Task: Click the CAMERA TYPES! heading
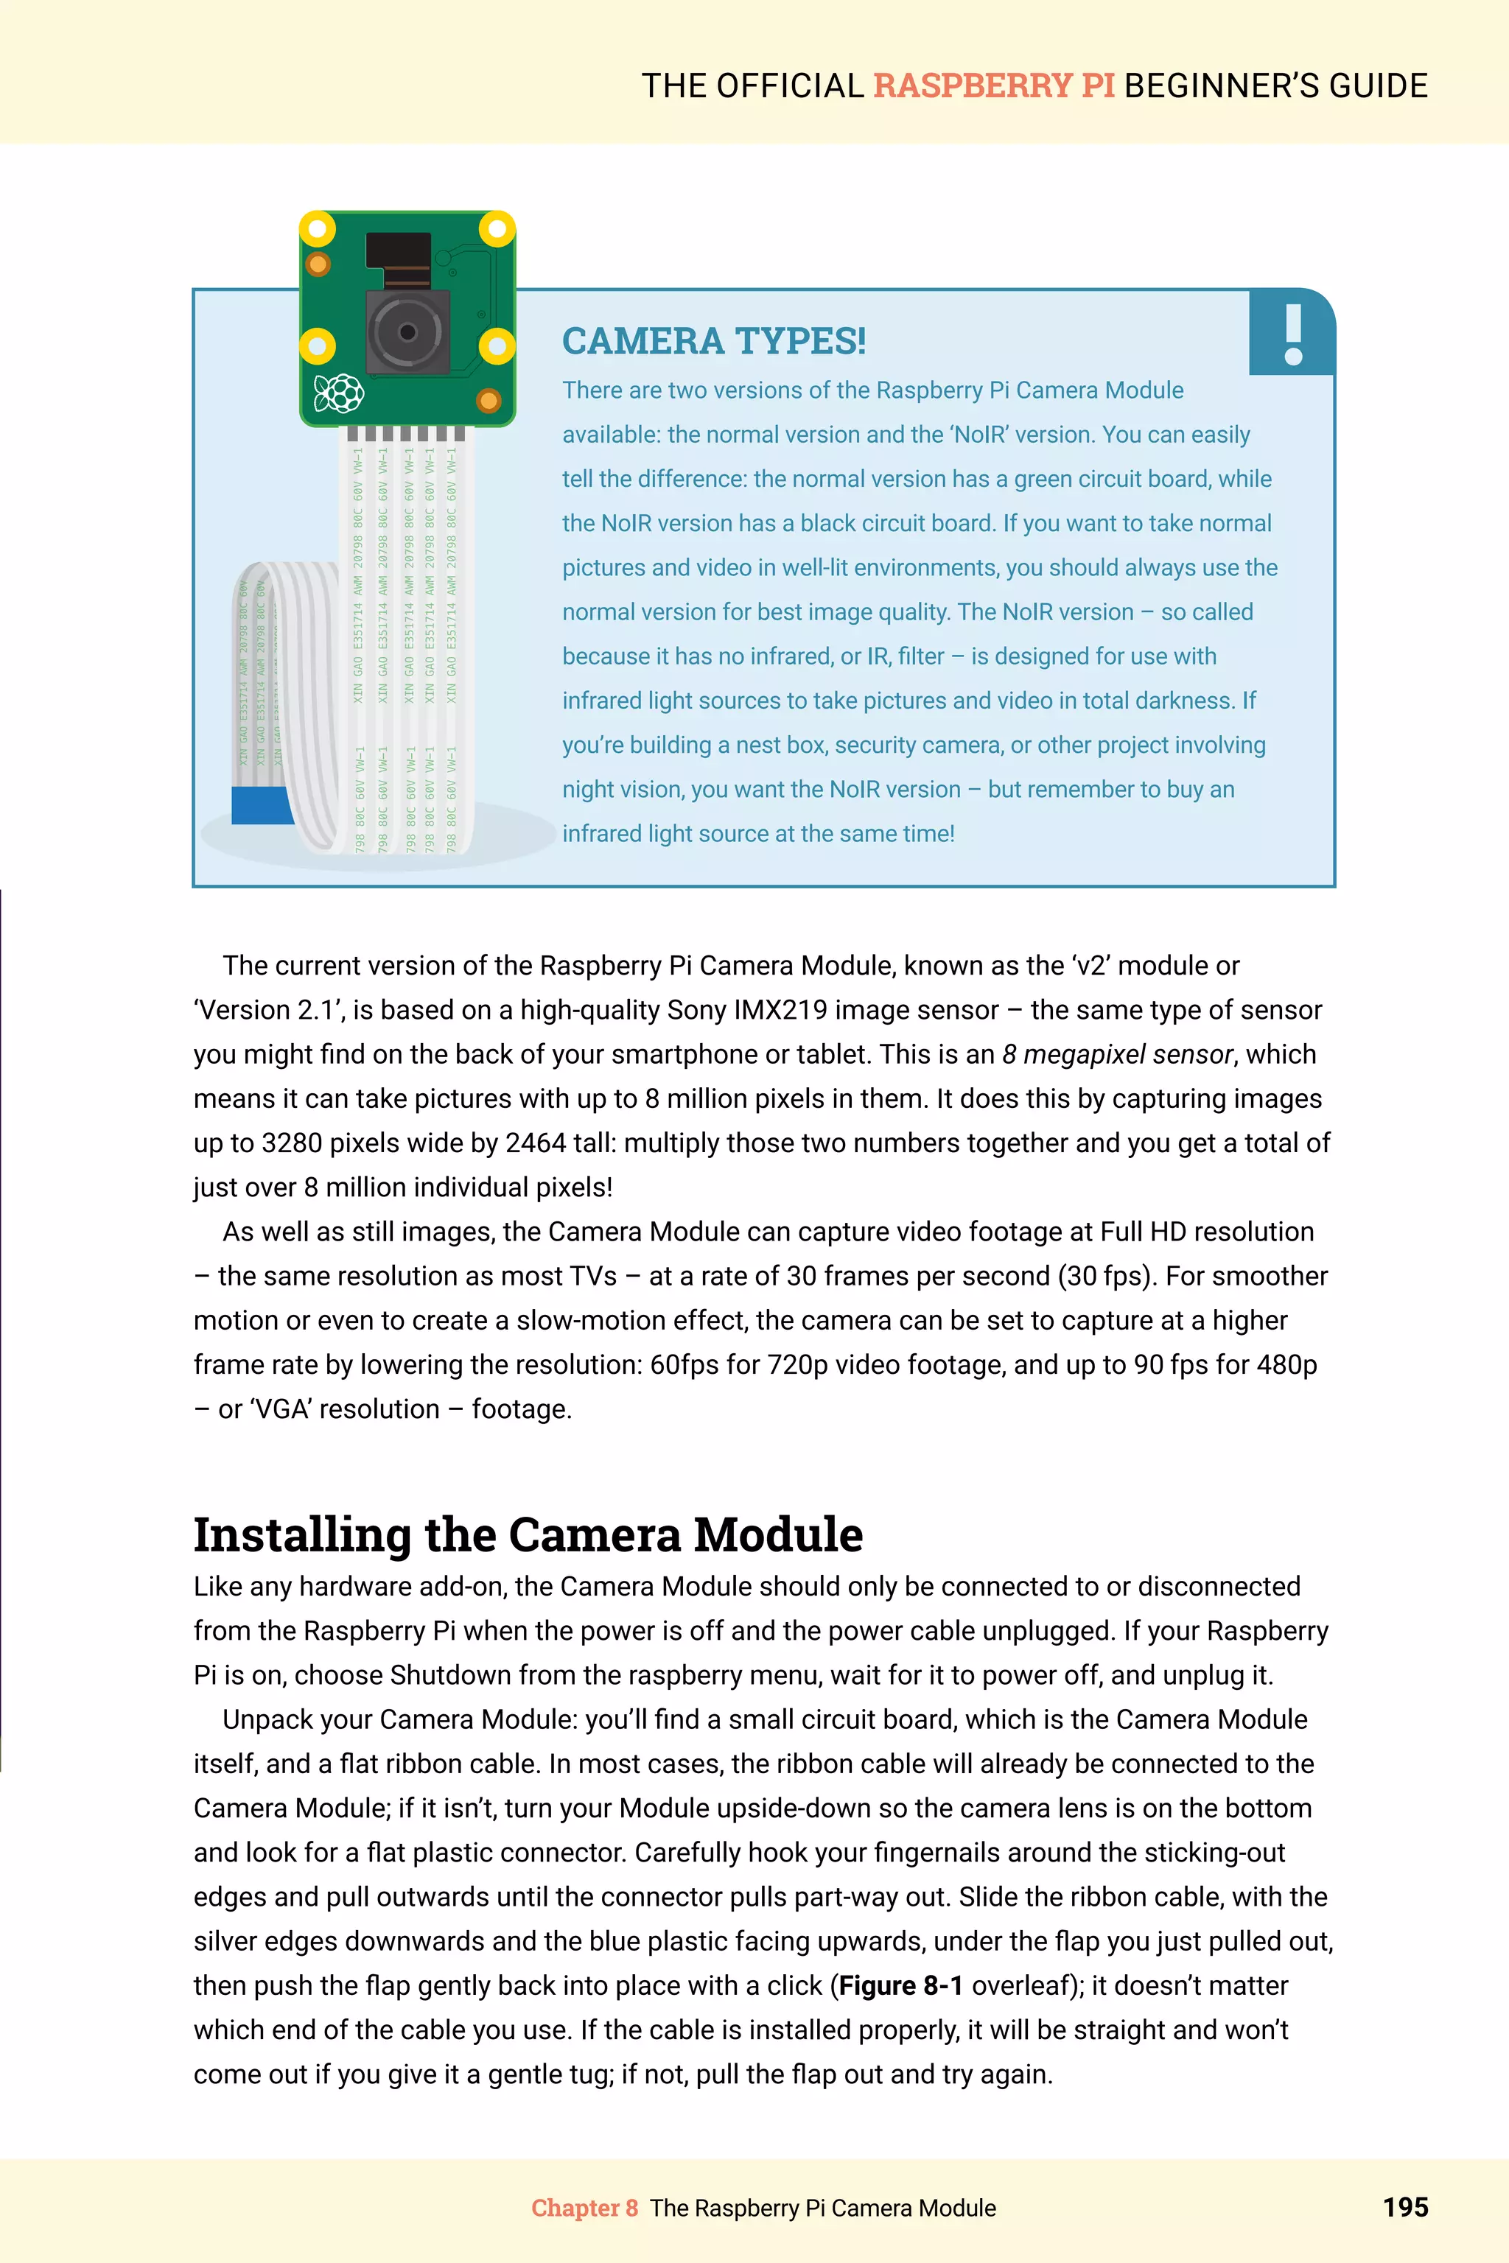(713, 340)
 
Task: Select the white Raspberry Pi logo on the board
(339, 393)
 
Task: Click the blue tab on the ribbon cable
(261, 804)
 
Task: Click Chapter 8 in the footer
(584, 2208)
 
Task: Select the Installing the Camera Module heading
(528, 1534)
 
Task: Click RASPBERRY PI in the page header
(993, 85)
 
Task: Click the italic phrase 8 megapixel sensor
(1116, 1055)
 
